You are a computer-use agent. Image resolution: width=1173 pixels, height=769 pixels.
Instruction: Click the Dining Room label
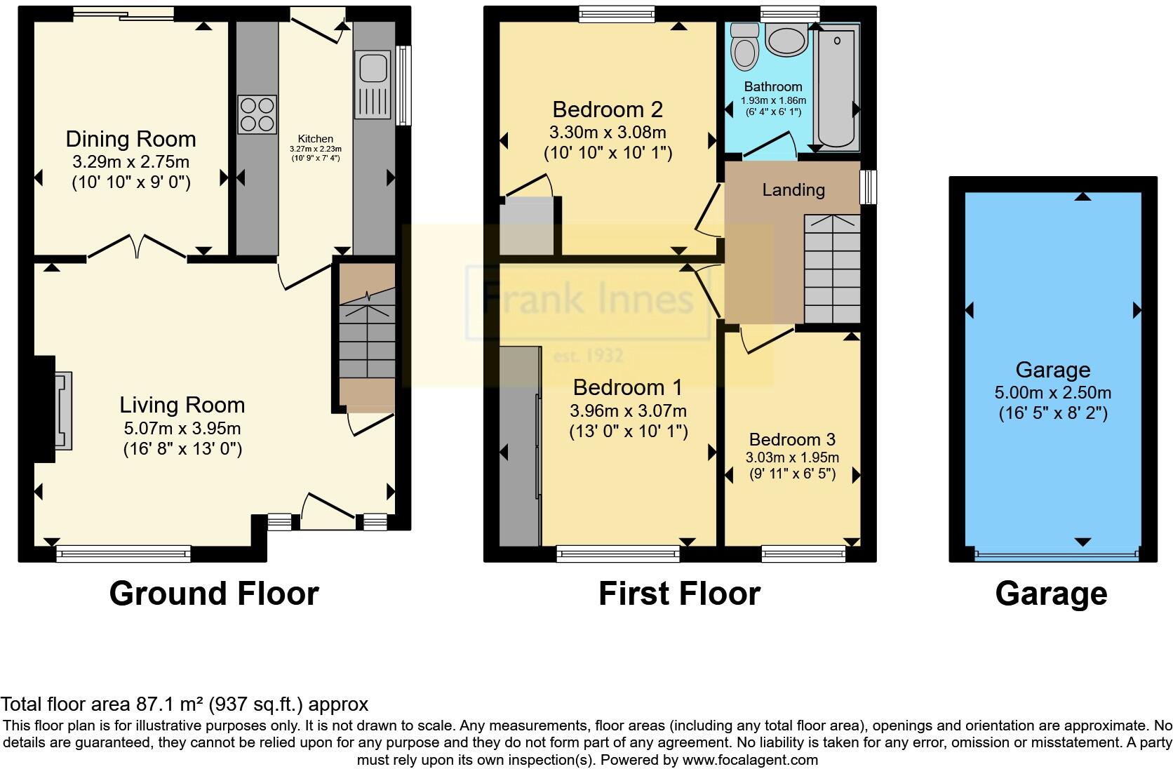pyautogui.click(x=130, y=139)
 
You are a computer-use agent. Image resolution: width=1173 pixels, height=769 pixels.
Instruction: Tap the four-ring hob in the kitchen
pyautogui.click(x=257, y=114)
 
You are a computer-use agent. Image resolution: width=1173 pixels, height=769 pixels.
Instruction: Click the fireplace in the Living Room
pyautogui.click(x=62, y=409)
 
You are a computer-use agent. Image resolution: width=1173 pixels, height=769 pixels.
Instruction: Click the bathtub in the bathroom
pyautogui.click(x=836, y=87)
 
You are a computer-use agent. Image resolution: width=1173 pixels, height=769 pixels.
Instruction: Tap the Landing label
pyautogui.click(x=793, y=190)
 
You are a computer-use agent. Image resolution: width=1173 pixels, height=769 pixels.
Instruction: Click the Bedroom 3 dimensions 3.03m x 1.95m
pyautogui.click(x=792, y=457)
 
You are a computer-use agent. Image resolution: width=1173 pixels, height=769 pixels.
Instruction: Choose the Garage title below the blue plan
pyautogui.click(x=1051, y=594)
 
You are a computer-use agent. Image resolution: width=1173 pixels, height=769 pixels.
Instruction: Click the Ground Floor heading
pyautogui.click(x=214, y=594)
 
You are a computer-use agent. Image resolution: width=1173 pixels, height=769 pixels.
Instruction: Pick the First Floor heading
pyautogui.click(x=679, y=594)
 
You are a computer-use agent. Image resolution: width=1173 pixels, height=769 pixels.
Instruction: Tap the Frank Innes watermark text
pyautogui.click(x=588, y=300)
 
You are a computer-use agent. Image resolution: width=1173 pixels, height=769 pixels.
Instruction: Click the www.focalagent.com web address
pyautogui.click(x=750, y=760)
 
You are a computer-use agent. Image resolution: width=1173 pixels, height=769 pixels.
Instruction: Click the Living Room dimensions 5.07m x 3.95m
pyautogui.click(x=182, y=428)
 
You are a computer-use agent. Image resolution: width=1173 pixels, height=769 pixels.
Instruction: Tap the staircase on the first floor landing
pyautogui.click(x=831, y=269)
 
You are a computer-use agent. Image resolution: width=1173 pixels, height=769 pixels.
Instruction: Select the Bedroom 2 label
pyautogui.click(x=608, y=109)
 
